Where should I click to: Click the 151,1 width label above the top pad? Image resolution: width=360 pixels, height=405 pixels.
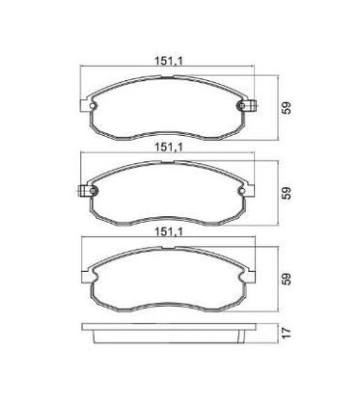point(169,61)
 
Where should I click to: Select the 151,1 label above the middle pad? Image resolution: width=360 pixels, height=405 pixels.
point(169,148)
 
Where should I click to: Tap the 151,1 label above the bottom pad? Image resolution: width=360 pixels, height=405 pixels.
point(169,231)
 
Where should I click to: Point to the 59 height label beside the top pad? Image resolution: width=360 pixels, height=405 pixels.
point(287,108)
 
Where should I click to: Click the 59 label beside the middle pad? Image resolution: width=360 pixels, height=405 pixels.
point(287,193)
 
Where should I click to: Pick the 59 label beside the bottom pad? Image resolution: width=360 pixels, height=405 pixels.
point(287,279)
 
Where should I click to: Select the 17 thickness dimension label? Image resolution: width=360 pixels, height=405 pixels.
point(287,332)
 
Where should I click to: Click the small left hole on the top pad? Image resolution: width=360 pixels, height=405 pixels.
point(93,106)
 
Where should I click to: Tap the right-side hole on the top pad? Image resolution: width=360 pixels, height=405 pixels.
point(241,106)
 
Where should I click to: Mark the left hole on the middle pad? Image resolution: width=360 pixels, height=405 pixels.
point(94,191)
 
